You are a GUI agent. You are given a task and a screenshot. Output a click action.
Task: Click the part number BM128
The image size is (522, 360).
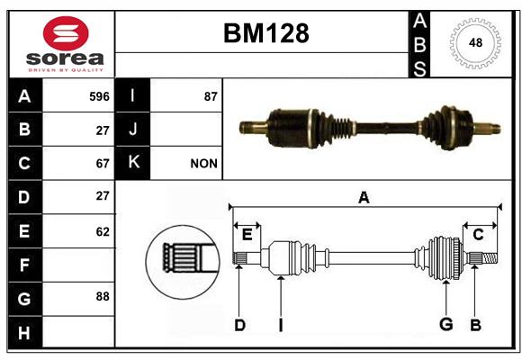click(266, 33)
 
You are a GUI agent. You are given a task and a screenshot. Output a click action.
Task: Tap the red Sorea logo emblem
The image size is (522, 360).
click(66, 33)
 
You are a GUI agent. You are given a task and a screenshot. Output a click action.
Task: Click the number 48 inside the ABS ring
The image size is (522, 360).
click(475, 42)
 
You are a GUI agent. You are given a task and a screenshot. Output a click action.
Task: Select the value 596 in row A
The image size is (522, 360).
click(99, 96)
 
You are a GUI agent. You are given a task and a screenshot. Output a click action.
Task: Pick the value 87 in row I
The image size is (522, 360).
click(211, 96)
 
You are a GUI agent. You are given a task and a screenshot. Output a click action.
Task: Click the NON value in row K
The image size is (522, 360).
click(203, 164)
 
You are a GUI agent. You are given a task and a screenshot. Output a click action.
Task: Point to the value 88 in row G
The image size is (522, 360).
click(103, 296)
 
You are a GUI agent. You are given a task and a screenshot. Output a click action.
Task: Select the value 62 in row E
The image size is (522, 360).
click(103, 231)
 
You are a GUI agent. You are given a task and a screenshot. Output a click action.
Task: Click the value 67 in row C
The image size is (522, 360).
click(103, 164)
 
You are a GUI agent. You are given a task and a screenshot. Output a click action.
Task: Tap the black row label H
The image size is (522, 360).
click(25, 332)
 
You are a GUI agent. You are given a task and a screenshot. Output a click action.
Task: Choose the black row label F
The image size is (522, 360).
click(25, 265)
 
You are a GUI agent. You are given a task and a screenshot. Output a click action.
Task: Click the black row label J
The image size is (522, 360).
click(132, 130)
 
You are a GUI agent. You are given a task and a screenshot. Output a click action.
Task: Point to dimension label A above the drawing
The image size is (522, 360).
click(364, 197)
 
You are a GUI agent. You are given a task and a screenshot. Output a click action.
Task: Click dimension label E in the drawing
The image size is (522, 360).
click(247, 235)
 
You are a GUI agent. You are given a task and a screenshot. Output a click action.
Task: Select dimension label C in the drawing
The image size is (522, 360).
click(478, 235)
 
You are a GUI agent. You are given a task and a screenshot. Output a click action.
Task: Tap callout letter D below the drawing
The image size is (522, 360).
click(239, 325)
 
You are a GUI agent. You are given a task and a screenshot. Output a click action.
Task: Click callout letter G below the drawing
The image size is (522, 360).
click(446, 324)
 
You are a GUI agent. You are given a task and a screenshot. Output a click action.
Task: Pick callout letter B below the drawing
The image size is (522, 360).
click(475, 325)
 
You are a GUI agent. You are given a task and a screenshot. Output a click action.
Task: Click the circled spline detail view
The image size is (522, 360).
click(183, 262)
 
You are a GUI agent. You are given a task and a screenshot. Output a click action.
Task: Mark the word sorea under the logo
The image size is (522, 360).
click(65, 58)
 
